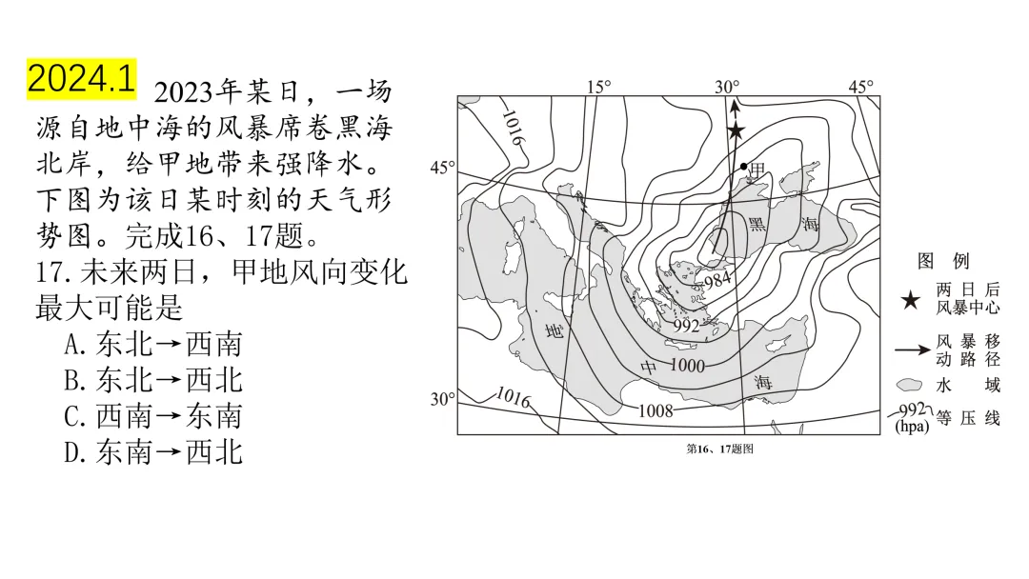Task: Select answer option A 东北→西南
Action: [152, 344]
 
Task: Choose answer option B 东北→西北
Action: [152, 380]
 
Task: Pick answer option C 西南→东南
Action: [152, 416]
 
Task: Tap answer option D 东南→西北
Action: [152, 451]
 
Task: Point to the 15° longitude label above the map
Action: [598, 87]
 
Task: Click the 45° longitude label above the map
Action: [860, 87]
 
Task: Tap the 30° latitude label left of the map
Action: [442, 399]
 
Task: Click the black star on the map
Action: [736, 130]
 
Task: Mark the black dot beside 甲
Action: [744, 167]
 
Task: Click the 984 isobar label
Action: [716, 278]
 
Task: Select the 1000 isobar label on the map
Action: [686, 366]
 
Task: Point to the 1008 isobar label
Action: [655, 410]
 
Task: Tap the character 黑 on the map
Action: [757, 224]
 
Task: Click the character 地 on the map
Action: [555, 331]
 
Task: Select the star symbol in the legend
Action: [911, 301]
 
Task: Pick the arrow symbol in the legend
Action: [912, 349]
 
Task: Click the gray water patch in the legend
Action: [911, 385]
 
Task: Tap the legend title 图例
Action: [943, 261]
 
